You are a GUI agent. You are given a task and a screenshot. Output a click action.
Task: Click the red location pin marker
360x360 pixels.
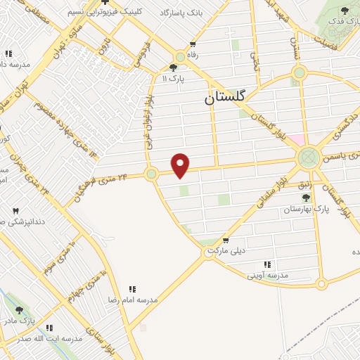[181, 165]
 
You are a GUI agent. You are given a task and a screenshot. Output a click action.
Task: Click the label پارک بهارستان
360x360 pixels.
[307, 210]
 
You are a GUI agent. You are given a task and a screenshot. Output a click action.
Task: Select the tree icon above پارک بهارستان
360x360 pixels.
[306, 198]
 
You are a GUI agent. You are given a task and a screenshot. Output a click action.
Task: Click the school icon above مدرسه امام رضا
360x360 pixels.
[131, 288]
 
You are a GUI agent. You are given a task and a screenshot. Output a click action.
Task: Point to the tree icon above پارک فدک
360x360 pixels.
[344, 10]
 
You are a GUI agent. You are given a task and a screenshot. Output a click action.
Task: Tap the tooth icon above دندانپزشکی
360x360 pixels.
[15, 210]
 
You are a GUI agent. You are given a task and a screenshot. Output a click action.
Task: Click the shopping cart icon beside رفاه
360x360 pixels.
[191, 44]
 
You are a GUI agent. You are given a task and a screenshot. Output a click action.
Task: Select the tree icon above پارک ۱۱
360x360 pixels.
[174, 67]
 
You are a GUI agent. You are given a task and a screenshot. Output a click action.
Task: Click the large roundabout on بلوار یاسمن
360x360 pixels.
[308, 155]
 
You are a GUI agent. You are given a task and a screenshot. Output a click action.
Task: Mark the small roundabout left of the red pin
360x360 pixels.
[150, 173]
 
